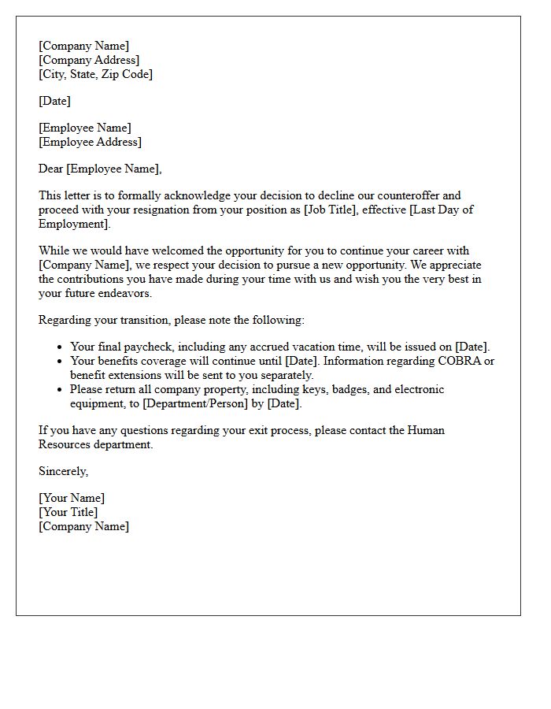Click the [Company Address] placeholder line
[89, 60]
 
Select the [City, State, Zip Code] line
[95, 74]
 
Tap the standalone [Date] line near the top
[54, 101]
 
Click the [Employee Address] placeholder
[90, 142]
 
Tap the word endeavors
[124, 293]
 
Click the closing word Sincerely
[63, 471]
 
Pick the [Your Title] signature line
[68, 512]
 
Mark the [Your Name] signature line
[72, 498]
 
